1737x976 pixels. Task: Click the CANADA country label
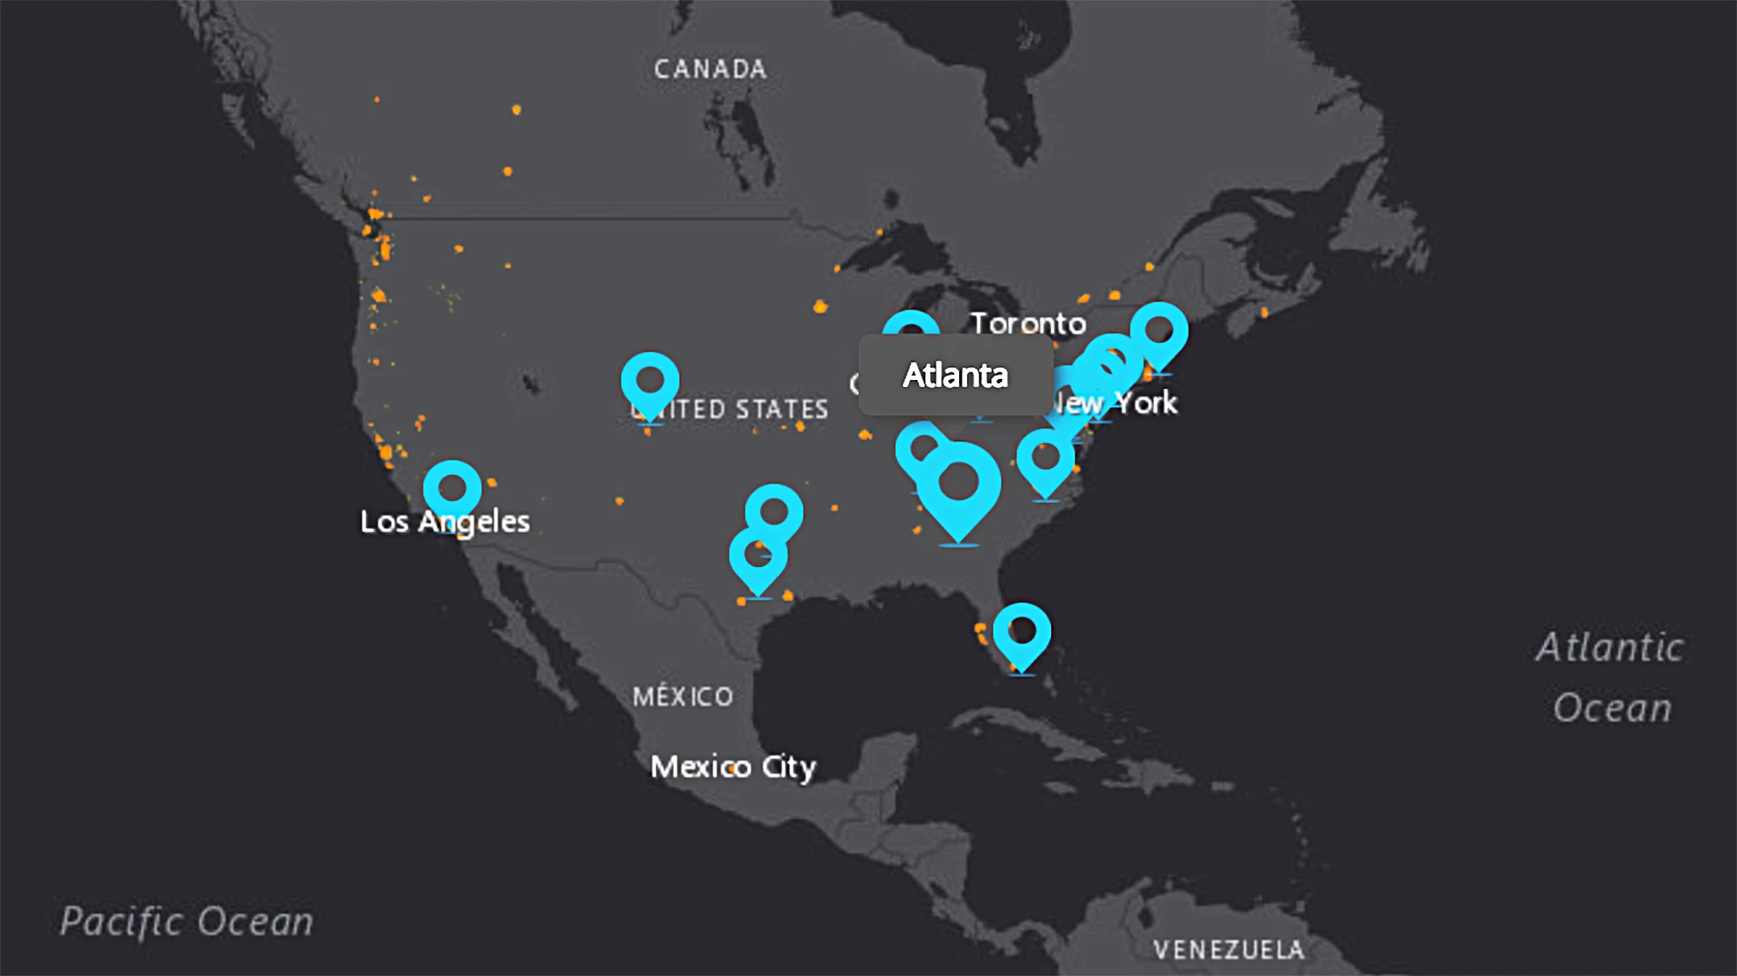click(710, 70)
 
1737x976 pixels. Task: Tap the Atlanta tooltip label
click(955, 375)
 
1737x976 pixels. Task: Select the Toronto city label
click(1028, 324)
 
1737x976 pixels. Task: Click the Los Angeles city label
click(444, 522)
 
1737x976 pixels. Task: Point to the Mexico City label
click(733, 767)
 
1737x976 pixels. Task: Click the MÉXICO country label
click(683, 696)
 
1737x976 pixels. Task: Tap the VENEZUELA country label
click(1229, 950)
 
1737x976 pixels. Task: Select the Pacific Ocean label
click(186, 922)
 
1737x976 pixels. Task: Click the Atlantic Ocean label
click(1610, 678)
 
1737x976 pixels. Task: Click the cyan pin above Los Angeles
click(452, 489)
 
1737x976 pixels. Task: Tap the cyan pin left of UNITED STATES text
click(650, 382)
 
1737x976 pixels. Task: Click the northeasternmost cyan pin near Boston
click(1159, 331)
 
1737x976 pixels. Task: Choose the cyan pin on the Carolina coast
click(1046, 458)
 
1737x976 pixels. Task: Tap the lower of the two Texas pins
click(757, 554)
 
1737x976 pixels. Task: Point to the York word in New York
click(1145, 403)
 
